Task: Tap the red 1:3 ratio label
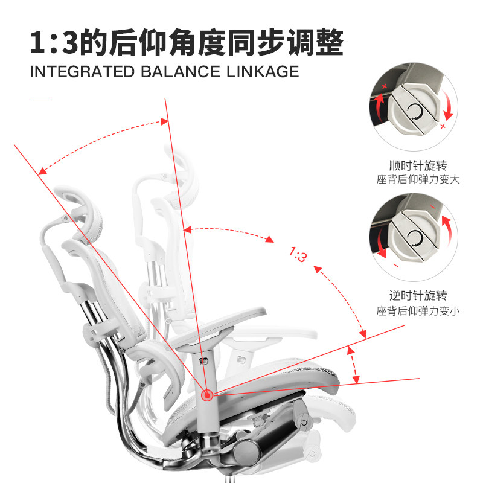[298, 254]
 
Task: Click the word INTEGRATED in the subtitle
[82, 72]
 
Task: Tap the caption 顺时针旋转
[418, 165]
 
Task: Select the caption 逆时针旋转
[418, 296]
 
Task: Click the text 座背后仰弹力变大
[418, 180]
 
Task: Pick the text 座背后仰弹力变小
[418, 311]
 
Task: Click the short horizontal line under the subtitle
[40, 98]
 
